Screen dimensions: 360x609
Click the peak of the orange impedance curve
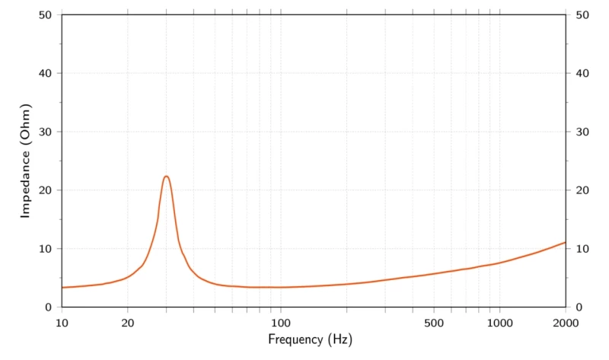pos(166,177)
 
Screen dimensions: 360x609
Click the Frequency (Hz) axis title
pos(310,339)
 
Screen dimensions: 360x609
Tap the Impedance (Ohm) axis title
pos(25,161)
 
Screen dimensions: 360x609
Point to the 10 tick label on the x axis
pos(62,322)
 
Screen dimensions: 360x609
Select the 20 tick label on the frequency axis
pos(128,322)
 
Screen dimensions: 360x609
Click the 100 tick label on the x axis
pos(281,322)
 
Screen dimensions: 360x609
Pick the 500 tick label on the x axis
pos(434,322)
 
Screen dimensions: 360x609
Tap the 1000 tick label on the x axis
pos(499,322)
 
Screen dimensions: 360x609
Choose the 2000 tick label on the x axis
pos(565,322)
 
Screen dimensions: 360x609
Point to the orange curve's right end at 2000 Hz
pos(565,243)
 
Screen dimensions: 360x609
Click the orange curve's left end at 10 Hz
pos(62,287)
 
